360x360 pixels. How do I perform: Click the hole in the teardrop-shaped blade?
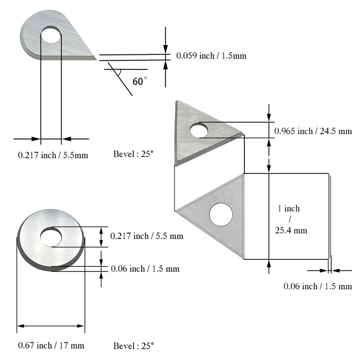pos(51,35)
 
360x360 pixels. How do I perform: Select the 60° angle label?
pos(140,81)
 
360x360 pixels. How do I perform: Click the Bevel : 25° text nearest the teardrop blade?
pos(133,154)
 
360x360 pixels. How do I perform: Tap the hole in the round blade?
pos(51,237)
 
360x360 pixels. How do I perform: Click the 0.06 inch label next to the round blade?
pos(145,269)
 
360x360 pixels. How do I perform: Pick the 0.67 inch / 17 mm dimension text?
pos(51,346)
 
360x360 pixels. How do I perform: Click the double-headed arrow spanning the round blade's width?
pos(51,326)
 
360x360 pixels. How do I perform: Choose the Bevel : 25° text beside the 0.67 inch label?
pos(133,346)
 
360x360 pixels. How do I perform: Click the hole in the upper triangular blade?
pos(198,130)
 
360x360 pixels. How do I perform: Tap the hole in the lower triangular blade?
pos(220,215)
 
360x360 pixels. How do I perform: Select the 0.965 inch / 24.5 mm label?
pos(313,131)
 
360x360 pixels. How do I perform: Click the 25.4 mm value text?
pos(291,230)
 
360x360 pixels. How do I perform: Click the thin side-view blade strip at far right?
pos(329,216)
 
